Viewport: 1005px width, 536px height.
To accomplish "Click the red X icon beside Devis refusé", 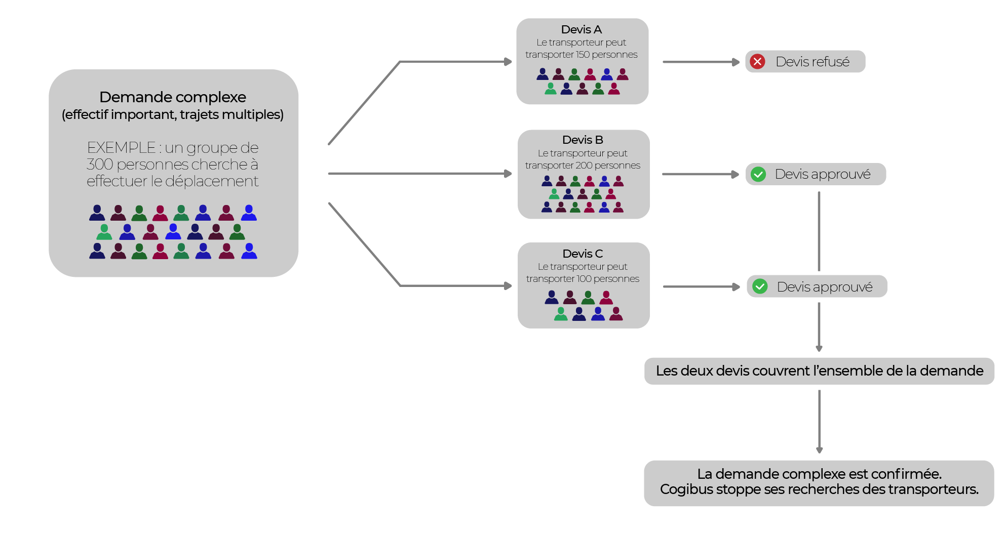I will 757,62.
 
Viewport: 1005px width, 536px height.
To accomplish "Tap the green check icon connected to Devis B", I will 758,174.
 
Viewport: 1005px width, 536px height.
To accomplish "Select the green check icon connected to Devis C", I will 760,286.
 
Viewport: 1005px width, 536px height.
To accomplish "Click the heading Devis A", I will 581,29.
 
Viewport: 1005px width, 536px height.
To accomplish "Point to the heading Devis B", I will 583,140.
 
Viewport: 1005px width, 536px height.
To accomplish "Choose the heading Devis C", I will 583,254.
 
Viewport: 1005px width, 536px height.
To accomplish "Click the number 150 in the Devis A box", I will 582,55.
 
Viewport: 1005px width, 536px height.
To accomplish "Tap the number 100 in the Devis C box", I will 584,279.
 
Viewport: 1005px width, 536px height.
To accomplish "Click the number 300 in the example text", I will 99,164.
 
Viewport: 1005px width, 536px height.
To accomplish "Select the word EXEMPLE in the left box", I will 121,148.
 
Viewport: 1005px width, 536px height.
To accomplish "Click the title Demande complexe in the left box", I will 172,97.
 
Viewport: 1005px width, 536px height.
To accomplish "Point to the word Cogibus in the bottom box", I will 684,489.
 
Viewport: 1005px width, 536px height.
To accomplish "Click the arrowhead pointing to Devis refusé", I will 736,62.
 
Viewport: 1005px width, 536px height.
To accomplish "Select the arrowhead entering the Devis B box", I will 508,174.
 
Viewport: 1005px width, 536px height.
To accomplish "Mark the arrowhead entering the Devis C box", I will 508,286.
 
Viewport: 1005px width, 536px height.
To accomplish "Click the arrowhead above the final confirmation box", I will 819,450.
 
